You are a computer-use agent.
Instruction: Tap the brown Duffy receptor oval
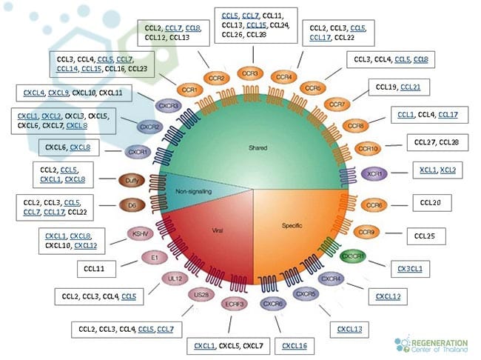coord(131,179)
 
